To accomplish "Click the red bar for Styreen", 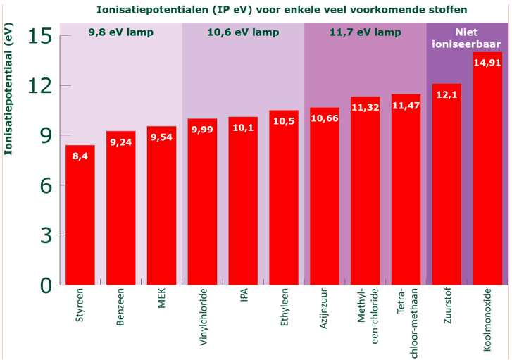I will click(80, 215).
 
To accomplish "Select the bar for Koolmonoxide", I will click(487, 169).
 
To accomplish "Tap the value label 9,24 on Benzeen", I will click(121, 142).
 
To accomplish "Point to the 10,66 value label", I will click(324, 118).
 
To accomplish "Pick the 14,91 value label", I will click(487, 63).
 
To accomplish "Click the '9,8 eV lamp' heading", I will click(120, 32).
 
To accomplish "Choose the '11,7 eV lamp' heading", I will click(365, 32).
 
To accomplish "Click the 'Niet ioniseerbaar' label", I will click(467, 38).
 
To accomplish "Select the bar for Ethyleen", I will click(284, 197).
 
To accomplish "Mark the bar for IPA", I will click(243, 201).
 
